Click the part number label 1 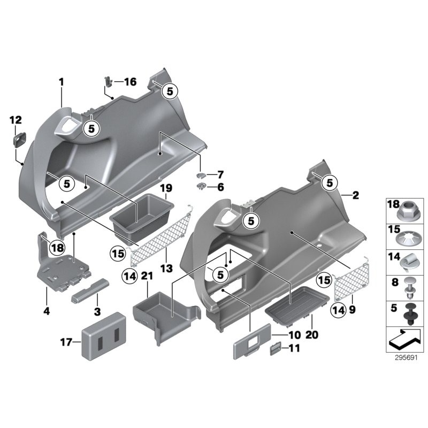(x=61, y=82)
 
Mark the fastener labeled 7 (x=202, y=174)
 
